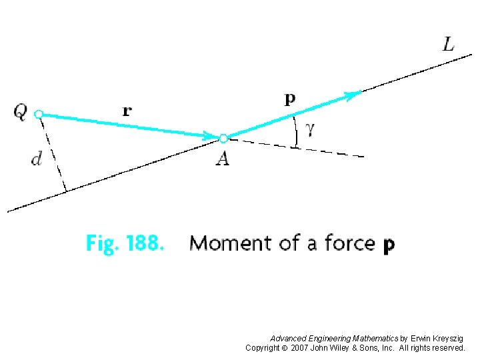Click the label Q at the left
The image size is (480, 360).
(x=20, y=112)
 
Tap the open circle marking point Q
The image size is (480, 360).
(x=39, y=114)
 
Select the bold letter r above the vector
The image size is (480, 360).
(x=127, y=111)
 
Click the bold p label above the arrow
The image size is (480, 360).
(x=290, y=100)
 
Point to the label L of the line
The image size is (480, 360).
(x=449, y=45)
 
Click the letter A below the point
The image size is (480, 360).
(x=223, y=159)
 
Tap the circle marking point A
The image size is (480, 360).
(x=223, y=139)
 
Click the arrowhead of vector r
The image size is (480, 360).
(x=211, y=137)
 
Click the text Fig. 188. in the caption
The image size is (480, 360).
(x=124, y=243)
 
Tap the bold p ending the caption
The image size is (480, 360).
(x=389, y=246)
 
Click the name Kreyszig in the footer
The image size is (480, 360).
(x=446, y=339)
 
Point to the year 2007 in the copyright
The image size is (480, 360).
(x=303, y=348)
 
